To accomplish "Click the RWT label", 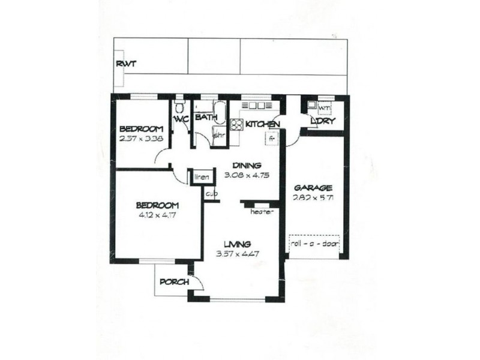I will point(126,64).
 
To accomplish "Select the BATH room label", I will point(205,118).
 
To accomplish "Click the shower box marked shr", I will point(219,134).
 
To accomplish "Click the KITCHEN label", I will point(263,124).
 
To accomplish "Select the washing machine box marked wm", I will point(323,108).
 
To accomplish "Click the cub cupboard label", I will point(211,194).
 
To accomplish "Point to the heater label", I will point(262,212).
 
